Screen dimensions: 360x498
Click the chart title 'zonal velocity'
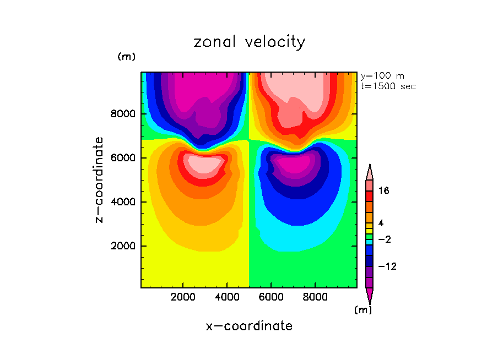(x=249, y=42)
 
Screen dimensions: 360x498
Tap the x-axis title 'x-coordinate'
(x=249, y=326)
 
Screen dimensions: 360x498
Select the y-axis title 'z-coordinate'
(x=100, y=179)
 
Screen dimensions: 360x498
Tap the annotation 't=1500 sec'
(x=388, y=86)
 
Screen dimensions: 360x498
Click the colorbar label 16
(x=384, y=191)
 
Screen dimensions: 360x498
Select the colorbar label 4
(x=381, y=222)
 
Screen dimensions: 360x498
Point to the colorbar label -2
(x=384, y=239)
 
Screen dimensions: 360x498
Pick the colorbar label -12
(x=387, y=267)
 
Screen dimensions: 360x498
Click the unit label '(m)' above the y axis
(x=126, y=57)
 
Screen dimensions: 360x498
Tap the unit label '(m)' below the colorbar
(x=362, y=310)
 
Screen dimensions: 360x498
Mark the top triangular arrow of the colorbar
(x=370, y=172)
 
